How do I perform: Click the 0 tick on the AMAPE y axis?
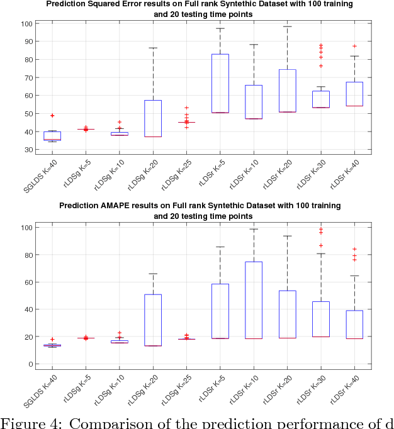click(29, 364)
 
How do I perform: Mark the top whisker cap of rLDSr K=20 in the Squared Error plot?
click(287, 26)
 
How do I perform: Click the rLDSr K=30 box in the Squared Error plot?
click(321, 99)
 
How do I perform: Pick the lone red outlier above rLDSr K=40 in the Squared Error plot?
click(354, 46)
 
